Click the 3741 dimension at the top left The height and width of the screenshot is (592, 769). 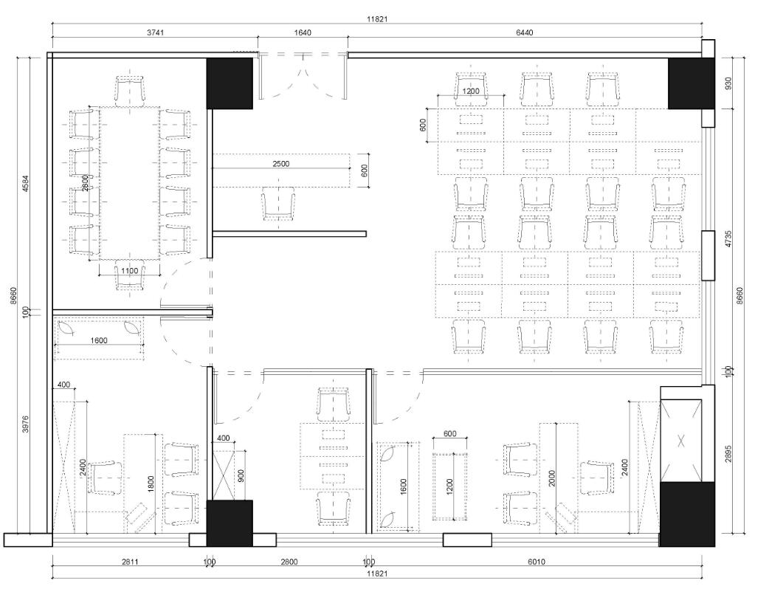tap(155, 33)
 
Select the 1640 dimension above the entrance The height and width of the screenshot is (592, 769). tap(303, 33)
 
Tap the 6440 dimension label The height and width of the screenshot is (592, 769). tap(524, 33)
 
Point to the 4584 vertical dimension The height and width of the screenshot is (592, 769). tap(26, 180)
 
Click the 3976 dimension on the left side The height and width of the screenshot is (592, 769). tap(26, 424)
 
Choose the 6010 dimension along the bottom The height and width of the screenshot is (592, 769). tap(537, 562)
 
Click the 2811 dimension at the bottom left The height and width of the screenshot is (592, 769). tap(130, 562)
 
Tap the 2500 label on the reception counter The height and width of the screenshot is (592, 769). tap(281, 164)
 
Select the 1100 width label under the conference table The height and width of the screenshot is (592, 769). tap(129, 271)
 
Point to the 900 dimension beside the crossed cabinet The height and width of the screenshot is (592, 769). tap(241, 475)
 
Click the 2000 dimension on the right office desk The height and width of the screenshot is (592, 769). tap(552, 478)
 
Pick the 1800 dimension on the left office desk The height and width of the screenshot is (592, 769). tap(151, 484)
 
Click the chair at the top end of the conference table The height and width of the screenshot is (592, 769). tap(130, 91)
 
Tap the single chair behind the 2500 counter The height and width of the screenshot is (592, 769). tap(278, 204)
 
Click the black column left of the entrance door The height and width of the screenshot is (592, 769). tap(230, 83)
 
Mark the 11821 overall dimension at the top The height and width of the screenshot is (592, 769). tap(377, 20)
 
